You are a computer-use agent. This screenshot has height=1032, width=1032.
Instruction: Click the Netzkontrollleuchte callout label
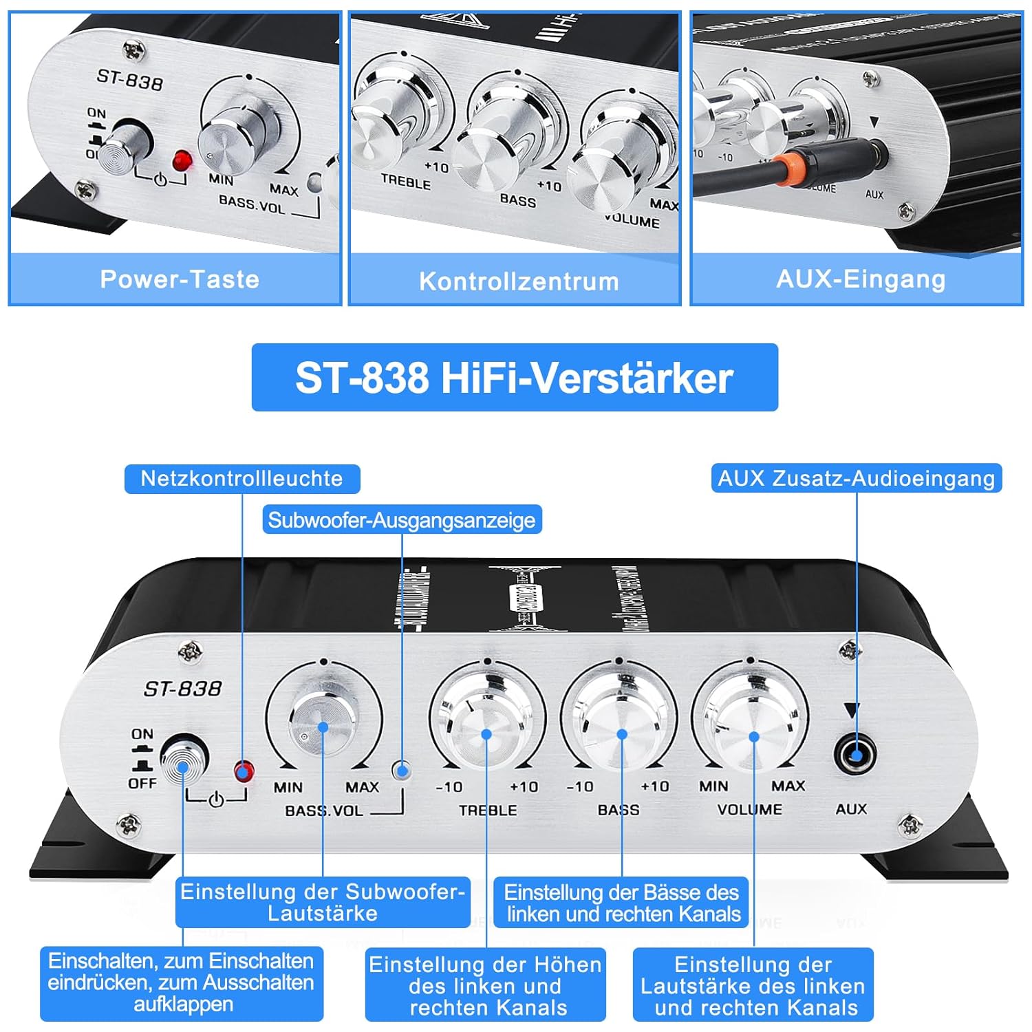[241, 479]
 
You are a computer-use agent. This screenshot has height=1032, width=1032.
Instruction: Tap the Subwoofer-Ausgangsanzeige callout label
[402, 520]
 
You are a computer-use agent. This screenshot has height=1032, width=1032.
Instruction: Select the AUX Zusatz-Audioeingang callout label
[856, 479]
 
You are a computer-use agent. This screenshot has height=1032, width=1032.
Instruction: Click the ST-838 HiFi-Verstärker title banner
[515, 378]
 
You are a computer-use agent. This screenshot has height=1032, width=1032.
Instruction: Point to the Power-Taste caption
[180, 279]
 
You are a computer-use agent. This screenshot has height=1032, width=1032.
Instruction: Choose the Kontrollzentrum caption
[519, 281]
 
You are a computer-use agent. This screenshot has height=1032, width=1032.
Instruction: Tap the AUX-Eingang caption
[861, 279]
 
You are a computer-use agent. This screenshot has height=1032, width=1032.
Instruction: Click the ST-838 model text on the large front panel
[182, 689]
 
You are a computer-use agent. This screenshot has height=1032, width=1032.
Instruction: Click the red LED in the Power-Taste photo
[183, 160]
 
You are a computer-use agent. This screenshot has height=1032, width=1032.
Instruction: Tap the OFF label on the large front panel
[142, 784]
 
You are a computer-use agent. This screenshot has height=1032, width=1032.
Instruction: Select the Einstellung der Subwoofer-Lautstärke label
[323, 902]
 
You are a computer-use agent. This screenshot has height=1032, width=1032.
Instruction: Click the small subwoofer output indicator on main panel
[401, 770]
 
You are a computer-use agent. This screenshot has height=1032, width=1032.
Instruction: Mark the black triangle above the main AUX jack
[852, 711]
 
